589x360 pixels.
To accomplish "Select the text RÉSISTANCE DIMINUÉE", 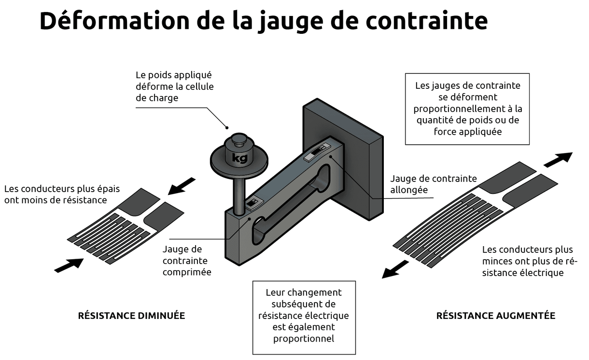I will click(x=131, y=316).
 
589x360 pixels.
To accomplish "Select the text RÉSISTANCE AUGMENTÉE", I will click(x=496, y=316).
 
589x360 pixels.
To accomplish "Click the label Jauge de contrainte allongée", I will click(x=433, y=184).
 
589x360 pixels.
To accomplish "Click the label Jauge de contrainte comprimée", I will click(x=187, y=261).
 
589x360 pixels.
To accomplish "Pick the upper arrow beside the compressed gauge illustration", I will click(x=182, y=186).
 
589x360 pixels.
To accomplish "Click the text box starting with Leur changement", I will click(x=304, y=316).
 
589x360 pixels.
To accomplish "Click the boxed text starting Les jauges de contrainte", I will click(x=467, y=109).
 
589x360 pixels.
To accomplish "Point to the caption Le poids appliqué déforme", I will click(x=174, y=86).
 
